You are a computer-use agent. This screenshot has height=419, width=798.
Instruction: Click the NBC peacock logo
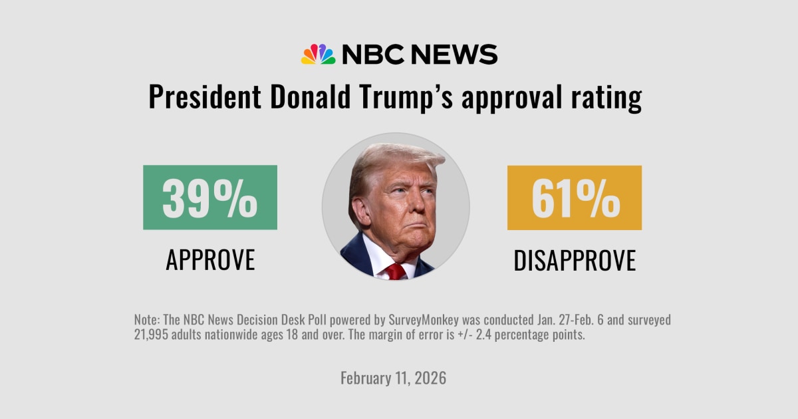[x=318, y=54]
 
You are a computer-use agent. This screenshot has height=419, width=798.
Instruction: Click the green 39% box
[x=210, y=198]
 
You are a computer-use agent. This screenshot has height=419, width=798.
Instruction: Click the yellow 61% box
[x=575, y=198]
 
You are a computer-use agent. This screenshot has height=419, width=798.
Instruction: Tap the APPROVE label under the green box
[x=210, y=260]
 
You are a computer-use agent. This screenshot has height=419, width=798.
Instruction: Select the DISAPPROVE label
[x=575, y=260]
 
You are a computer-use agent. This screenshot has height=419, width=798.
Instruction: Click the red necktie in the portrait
[x=396, y=271]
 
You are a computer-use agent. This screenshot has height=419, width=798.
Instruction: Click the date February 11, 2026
[x=393, y=378]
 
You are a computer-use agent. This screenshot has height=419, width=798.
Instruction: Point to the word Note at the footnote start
[x=146, y=320]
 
